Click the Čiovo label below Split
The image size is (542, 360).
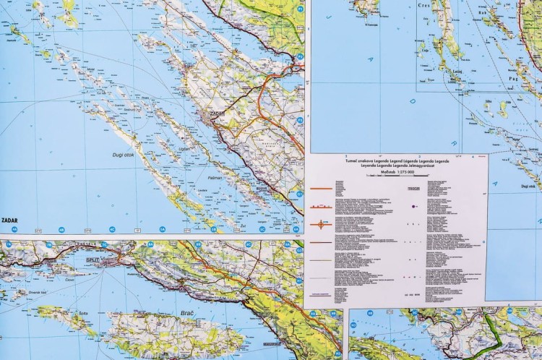(x=70, y=279)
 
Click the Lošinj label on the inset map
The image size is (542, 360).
(x=456, y=72)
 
